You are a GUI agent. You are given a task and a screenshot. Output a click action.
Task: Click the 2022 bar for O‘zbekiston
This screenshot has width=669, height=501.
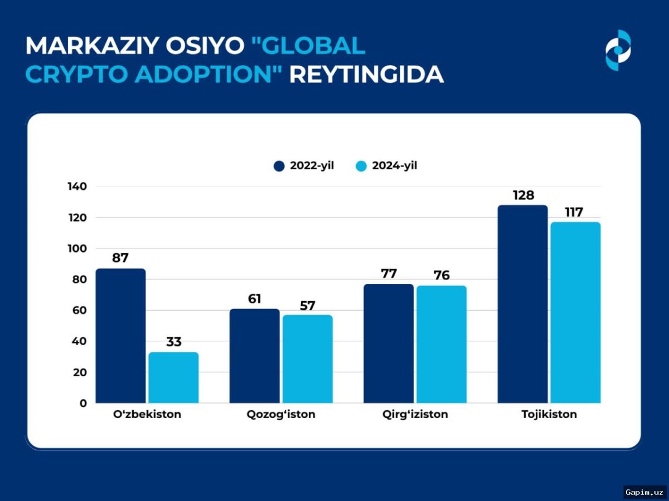point(120,336)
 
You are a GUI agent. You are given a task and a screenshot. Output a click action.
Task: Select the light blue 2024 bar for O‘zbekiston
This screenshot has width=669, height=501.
point(173,377)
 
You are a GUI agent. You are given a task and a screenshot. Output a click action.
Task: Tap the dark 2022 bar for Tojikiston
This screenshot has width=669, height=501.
point(522,304)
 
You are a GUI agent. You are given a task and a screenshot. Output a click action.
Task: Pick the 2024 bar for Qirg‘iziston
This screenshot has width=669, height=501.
point(441,344)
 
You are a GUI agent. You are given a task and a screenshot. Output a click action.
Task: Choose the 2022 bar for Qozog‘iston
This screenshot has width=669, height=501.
point(254,356)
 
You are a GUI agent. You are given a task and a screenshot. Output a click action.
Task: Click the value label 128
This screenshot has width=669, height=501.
point(523,195)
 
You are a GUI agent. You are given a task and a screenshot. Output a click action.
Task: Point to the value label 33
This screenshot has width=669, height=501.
point(173,342)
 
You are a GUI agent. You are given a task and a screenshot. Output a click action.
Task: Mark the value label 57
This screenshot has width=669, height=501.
point(307,306)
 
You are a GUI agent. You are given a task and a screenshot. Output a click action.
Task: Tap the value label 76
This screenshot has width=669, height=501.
point(441,276)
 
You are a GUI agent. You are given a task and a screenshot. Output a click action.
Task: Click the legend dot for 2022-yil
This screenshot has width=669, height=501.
point(279,166)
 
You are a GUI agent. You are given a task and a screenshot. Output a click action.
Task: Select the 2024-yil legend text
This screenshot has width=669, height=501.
point(395,166)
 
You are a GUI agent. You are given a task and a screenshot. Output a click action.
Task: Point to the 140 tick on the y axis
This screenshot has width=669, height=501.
point(77,186)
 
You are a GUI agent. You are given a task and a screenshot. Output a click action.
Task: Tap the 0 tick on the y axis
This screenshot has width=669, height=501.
point(83,404)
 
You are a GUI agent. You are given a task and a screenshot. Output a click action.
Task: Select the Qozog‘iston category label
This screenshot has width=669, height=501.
point(280,415)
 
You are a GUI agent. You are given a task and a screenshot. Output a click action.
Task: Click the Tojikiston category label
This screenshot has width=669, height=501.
point(549,415)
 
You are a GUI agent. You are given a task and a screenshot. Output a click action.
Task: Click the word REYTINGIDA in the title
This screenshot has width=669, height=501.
point(366,75)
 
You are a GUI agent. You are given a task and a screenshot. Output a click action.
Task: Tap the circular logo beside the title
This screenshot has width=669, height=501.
point(618,50)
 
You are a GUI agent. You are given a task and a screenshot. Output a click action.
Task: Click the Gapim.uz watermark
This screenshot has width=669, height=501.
point(644,492)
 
